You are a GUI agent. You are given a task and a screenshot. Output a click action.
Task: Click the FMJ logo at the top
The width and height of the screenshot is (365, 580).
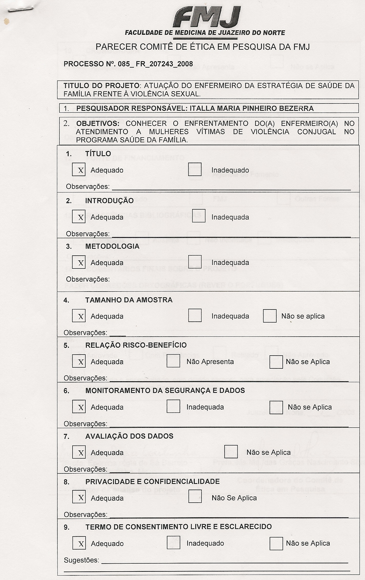[x=207, y=17]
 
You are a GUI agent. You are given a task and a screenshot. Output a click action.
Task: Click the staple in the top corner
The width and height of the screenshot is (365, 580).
[x=21, y=10]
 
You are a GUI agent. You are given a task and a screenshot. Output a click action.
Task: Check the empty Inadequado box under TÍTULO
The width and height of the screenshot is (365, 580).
[x=195, y=170]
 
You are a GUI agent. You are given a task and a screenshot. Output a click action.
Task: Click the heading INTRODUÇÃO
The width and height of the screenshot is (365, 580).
[x=109, y=201]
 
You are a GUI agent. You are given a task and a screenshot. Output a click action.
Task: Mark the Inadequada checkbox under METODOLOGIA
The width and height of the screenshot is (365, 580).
[x=195, y=262]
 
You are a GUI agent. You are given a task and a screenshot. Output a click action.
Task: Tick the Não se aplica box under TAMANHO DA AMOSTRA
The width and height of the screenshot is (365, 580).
[x=270, y=316]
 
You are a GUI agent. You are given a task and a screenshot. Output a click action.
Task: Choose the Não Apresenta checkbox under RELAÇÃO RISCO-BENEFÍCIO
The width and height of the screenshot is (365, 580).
[x=173, y=361]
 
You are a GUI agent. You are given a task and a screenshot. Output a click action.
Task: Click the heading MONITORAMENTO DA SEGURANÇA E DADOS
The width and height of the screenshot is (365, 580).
[x=165, y=390]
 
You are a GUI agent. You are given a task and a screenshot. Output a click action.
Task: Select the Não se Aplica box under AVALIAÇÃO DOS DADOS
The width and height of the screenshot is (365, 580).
[x=231, y=452]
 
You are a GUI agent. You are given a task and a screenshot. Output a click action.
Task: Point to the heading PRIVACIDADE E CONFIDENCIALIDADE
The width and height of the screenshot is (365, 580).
[x=153, y=481]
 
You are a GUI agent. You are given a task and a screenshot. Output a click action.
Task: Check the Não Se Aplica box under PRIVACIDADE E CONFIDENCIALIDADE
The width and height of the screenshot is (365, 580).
[x=195, y=498]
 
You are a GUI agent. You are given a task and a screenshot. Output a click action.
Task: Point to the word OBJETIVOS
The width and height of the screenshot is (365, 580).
[x=98, y=123]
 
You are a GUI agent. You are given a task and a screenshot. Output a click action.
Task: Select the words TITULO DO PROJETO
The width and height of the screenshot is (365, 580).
[x=102, y=86]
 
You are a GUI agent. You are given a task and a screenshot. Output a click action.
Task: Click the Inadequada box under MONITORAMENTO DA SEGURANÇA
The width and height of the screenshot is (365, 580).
[x=173, y=407]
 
